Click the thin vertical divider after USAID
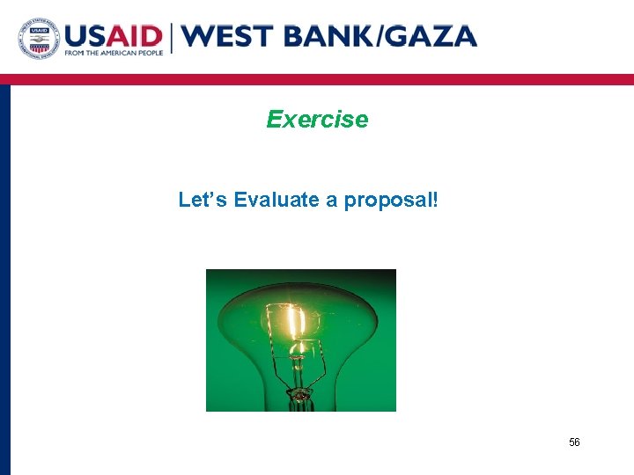click(x=173, y=37)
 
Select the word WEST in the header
click(x=225, y=36)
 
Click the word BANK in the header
click(x=326, y=36)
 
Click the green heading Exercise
click(x=317, y=119)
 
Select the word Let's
click(x=203, y=200)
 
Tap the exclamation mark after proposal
click(x=433, y=200)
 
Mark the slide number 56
click(x=574, y=442)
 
